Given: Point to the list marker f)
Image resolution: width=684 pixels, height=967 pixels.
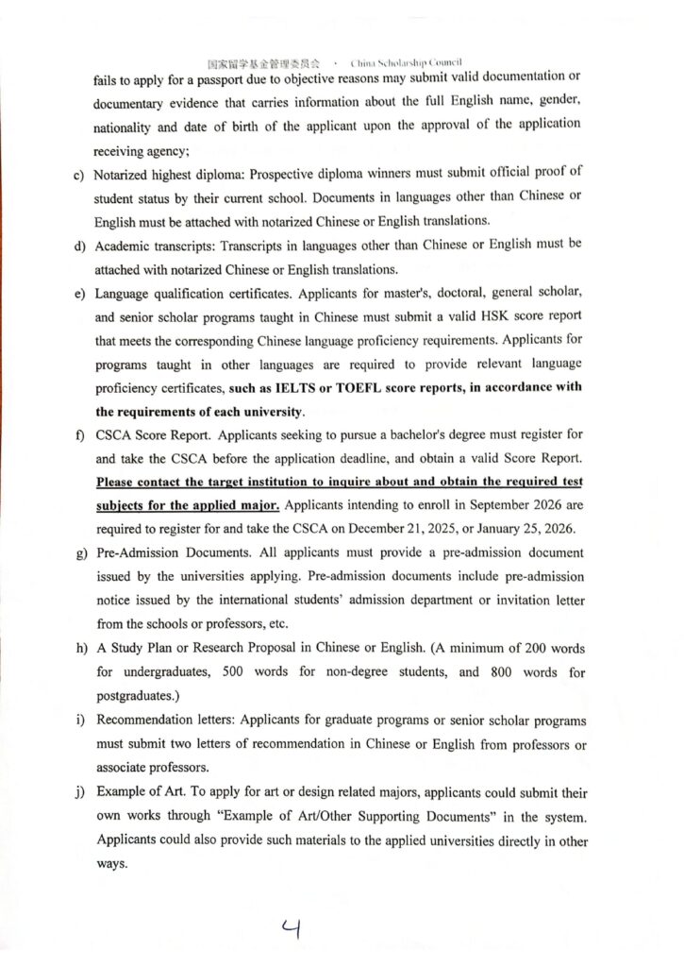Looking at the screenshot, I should point(77,435).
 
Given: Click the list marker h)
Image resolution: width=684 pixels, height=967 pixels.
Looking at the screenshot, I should point(77,651).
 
